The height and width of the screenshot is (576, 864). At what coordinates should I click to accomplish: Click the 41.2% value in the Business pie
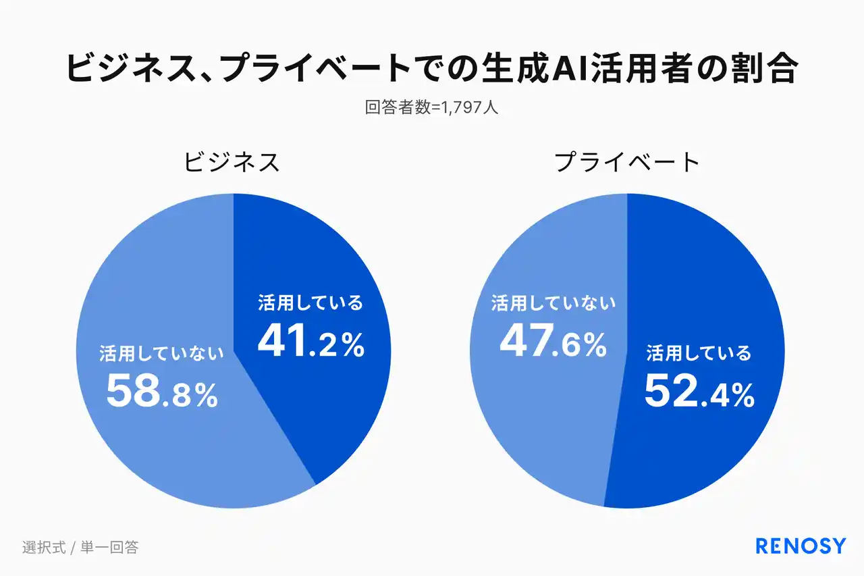[x=310, y=342]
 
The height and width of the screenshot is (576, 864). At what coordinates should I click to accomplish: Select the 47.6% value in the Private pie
[x=552, y=342]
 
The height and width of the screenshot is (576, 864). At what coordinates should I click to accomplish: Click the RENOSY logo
[x=801, y=546]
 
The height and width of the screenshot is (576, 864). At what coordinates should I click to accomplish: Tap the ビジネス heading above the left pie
[x=232, y=163]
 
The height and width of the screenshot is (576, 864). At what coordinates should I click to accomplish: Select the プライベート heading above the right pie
[x=627, y=163]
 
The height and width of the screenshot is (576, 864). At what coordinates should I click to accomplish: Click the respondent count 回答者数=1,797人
[x=431, y=107]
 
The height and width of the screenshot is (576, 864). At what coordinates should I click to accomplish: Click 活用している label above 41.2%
[x=310, y=303]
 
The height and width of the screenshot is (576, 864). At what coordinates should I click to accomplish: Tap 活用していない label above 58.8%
[x=162, y=353]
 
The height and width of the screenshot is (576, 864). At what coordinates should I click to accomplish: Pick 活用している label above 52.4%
[x=699, y=353]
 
